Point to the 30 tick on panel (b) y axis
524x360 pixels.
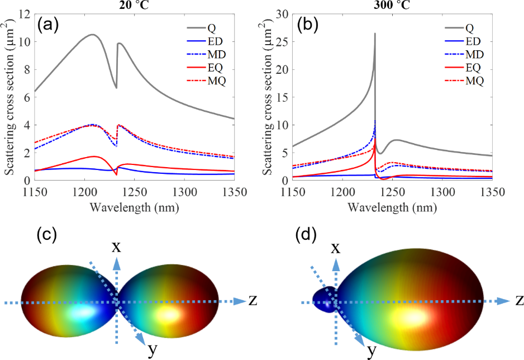click(x=287, y=14)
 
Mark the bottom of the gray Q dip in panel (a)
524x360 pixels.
click(x=116, y=88)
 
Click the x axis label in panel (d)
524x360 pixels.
click(x=335, y=247)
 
